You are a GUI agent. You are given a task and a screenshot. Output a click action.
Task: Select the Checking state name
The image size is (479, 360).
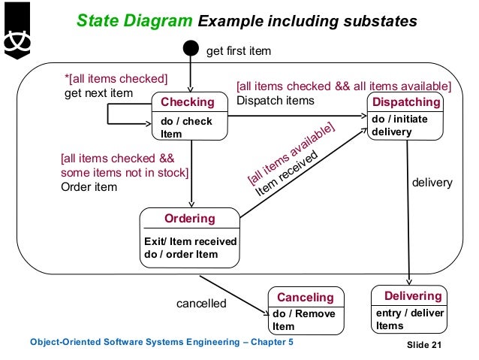point(187,102)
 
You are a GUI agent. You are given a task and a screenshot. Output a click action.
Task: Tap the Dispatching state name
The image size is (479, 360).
point(406,102)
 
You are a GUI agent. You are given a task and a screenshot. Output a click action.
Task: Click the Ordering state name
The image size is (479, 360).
point(190,219)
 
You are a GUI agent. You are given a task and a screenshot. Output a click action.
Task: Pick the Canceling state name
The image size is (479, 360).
point(306,298)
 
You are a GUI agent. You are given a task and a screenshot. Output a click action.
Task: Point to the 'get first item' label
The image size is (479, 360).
point(238,51)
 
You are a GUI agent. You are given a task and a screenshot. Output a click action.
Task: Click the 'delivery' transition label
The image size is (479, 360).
point(432,182)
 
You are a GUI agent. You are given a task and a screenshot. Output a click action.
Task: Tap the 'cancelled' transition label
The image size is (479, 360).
point(201,304)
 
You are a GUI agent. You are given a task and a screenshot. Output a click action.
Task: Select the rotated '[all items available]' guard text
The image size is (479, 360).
point(290,153)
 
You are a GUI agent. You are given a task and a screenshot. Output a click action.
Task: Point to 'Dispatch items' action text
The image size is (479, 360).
point(276,100)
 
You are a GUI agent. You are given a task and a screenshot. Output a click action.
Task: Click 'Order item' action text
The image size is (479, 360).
point(89,186)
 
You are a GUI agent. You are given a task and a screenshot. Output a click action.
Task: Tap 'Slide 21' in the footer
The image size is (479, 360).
point(425,345)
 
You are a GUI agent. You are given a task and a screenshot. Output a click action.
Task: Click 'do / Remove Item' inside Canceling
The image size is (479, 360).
point(303,320)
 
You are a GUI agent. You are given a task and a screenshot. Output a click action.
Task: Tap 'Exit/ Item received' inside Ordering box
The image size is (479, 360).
point(190,241)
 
